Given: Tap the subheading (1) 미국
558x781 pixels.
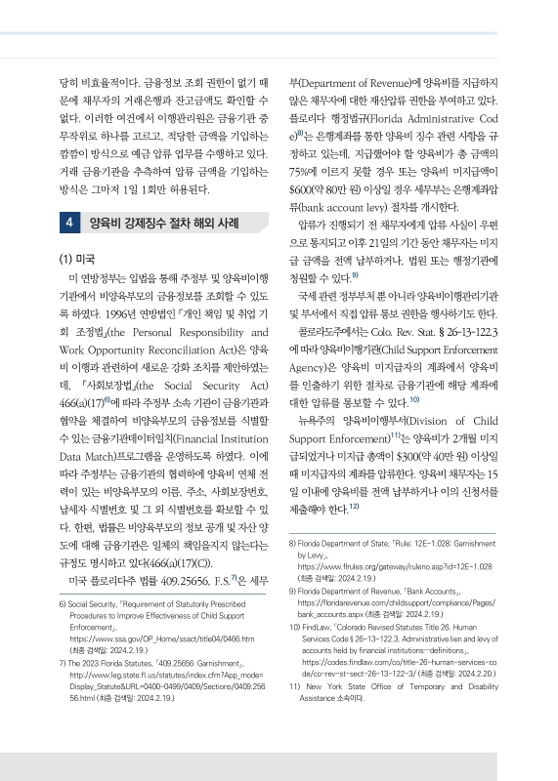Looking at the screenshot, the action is click(x=78, y=259).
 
